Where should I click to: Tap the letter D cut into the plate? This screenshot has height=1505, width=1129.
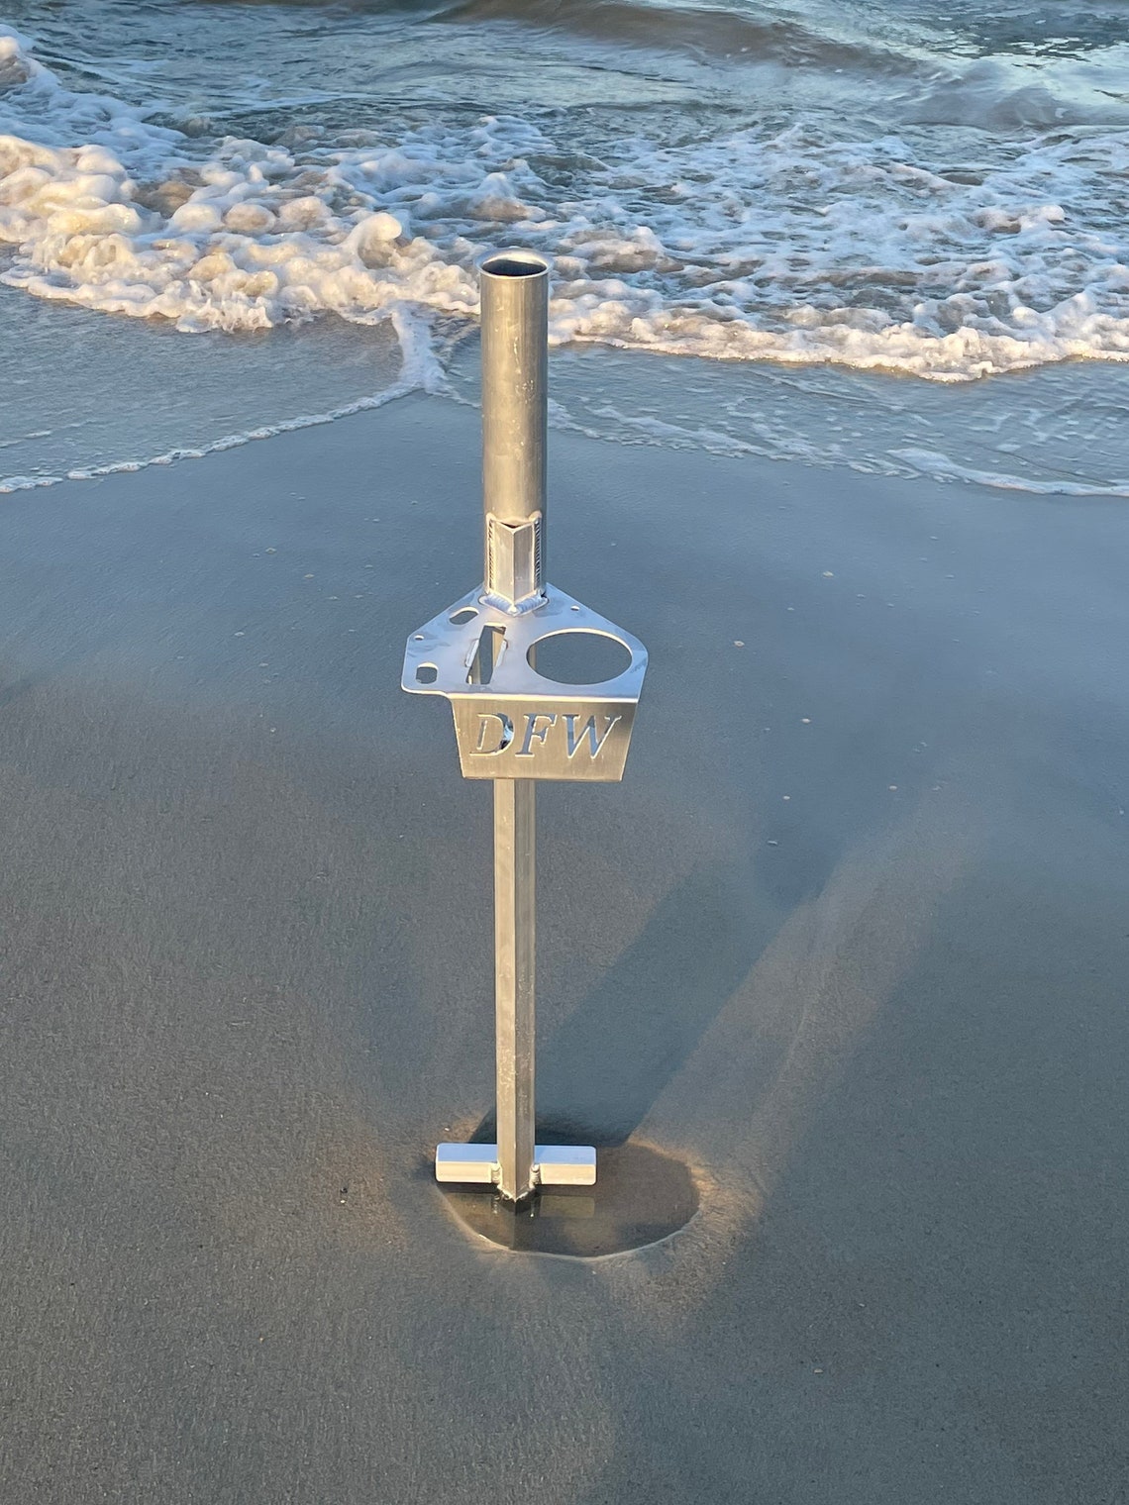(492, 734)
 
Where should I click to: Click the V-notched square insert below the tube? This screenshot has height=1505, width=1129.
(512, 554)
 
